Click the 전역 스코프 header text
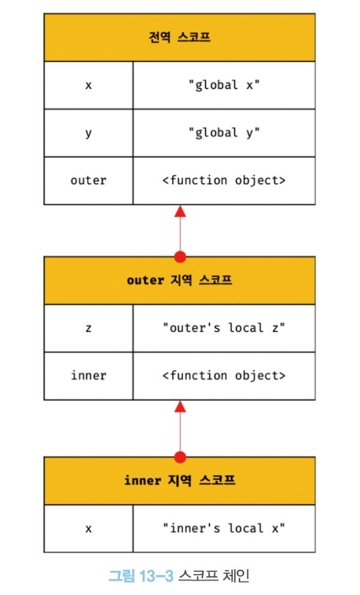click(x=179, y=37)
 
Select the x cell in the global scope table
click(x=88, y=85)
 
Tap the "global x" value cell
click(x=224, y=85)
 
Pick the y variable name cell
click(x=88, y=133)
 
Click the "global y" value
click(x=224, y=133)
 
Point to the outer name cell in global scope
click(x=88, y=181)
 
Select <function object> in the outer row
click(x=224, y=181)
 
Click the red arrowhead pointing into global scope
click(x=179, y=211)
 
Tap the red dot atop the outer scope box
click(x=179, y=257)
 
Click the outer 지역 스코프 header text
click(x=179, y=280)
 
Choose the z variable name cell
click(x=88, y=328)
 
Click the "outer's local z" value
click(x=224, y=328)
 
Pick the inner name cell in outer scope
click(x=88, y=376)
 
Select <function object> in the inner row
click(x=224, y=376)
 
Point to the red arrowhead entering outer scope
click(x=179, y=407)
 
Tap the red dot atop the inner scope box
click(x=179, y=457)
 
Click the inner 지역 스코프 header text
click(x=179, y=480)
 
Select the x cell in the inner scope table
click(x=88, y=528)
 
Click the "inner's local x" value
click(x=224, y=528)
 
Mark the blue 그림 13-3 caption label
click(x=140, y=576)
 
